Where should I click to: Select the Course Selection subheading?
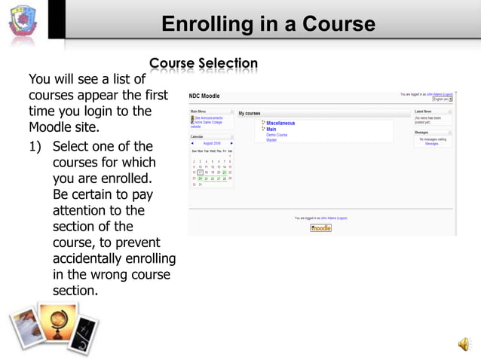pos(204,64)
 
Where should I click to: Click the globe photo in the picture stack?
pos(57,324)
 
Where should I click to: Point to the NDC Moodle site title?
pos(205,96)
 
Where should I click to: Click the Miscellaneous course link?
pos(280,123)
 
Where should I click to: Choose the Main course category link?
pos(271,129)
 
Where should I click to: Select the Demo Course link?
pos(277,135)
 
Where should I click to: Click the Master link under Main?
pos(271,140)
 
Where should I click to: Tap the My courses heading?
pos(250,113)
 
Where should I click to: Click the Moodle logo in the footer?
pos(320,227)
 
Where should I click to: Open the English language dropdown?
pos(442,99)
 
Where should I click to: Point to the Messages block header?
pos(422,133)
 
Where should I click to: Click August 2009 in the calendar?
pos(212,143)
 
